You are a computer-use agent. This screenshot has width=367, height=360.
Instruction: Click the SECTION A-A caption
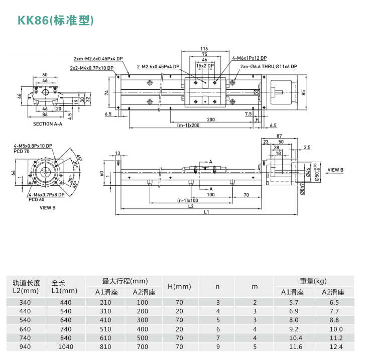tap(48, 124)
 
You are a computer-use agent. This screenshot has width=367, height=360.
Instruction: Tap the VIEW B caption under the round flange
tap(48, 207)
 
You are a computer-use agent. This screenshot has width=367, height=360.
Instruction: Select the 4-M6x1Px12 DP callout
tap(250, 58)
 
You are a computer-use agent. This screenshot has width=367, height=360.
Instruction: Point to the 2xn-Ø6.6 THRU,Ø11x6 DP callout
tap(269, 66)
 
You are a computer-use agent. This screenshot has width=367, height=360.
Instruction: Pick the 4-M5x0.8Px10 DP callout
tap(33, 146)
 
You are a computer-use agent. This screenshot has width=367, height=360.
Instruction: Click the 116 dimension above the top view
tap(204, 48)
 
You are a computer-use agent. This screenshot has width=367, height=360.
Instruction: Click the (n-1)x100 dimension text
tap(187, 200)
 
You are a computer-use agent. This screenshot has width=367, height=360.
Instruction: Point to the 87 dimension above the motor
tap(279, 136)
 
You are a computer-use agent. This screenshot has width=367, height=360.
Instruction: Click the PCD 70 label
tap(22, 151)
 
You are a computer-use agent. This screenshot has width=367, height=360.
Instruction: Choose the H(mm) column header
tap(179, 287)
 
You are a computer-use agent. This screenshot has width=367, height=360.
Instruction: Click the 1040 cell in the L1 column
tap(65, 347)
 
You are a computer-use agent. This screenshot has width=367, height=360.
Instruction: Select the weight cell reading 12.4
tap(334, 347)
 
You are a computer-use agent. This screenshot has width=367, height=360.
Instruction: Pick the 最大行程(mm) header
tap(125, 281)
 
